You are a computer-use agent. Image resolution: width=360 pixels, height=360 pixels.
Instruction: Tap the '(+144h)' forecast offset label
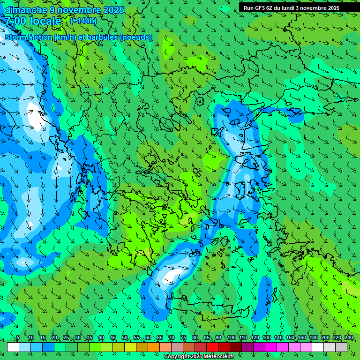pyautogui.click(x=83, y=21)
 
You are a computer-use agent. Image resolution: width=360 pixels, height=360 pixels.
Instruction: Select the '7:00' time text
pyautogui.click(x=15, y=21)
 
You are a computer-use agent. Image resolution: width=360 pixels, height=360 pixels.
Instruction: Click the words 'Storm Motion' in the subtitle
pyautogui.click(x=29, y=37)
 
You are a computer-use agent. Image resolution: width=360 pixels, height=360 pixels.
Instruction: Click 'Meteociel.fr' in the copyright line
pyautogui.click(x=219, y=357)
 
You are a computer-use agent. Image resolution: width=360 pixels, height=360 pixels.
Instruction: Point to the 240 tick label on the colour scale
pyautogui.click(x=348, y=337)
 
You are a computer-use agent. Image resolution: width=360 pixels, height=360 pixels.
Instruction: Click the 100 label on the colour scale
pyautogui.click(x=231, y=337)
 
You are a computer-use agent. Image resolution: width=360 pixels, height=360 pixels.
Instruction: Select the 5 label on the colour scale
pyautogui.click(x=18, y=337)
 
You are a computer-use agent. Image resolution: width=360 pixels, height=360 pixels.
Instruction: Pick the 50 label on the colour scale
pyautogui.click(x=125, y=337)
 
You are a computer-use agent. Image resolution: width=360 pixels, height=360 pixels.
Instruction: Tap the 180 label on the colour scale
pyautogui.click(x=313, y=337)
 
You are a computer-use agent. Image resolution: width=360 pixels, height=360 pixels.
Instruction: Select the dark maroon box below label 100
pyautogui.click(x=236, y=347)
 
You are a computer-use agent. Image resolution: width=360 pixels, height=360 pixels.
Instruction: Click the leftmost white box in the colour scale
pyautogui.click(x=13, y=347)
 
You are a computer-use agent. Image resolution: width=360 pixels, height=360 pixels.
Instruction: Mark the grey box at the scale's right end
pyautogui.click(x=341, y=347)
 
